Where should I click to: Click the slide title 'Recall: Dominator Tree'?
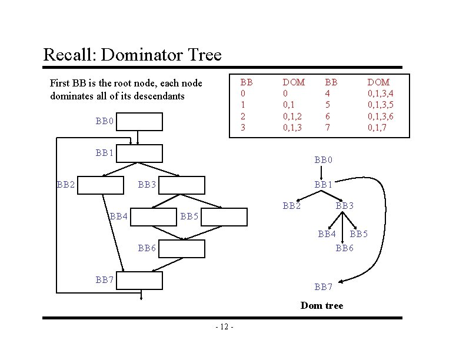(132, 55)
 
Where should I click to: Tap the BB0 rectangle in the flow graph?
(139, 122)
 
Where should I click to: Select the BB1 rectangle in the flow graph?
(139, 153)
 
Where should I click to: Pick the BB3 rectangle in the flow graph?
(182, 185)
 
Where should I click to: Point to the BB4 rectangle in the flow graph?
(153, 217)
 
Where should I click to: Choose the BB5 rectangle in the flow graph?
(227, 217)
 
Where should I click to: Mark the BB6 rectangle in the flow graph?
(182, 248)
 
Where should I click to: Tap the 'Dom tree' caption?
(321, 305)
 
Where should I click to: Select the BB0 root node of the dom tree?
(324, 159)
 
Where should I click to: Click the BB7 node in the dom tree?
(324, 287)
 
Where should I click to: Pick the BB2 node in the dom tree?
(292, 206)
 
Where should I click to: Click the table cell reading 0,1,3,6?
(380, 116)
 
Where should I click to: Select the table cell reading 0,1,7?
(377, 127)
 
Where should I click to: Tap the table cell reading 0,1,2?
(293, 116)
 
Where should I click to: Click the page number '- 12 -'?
(224, 326)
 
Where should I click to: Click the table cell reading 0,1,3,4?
(380, 94)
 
